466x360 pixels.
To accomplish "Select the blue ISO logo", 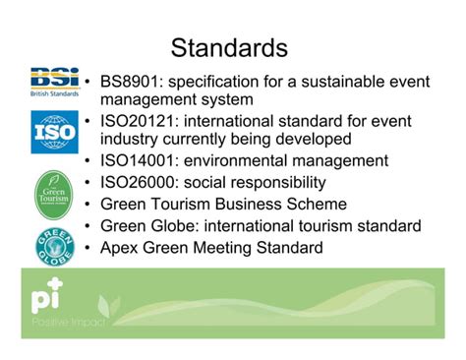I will pyautogui.click(x=54, y=132).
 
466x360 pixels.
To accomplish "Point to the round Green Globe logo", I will pyautogui.click(x=55, y=245).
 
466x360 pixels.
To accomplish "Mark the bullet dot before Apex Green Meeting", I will pyautogui.click(x=89, y=249).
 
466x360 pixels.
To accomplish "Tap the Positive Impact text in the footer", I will pyautogui.click(x=61, y=322).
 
